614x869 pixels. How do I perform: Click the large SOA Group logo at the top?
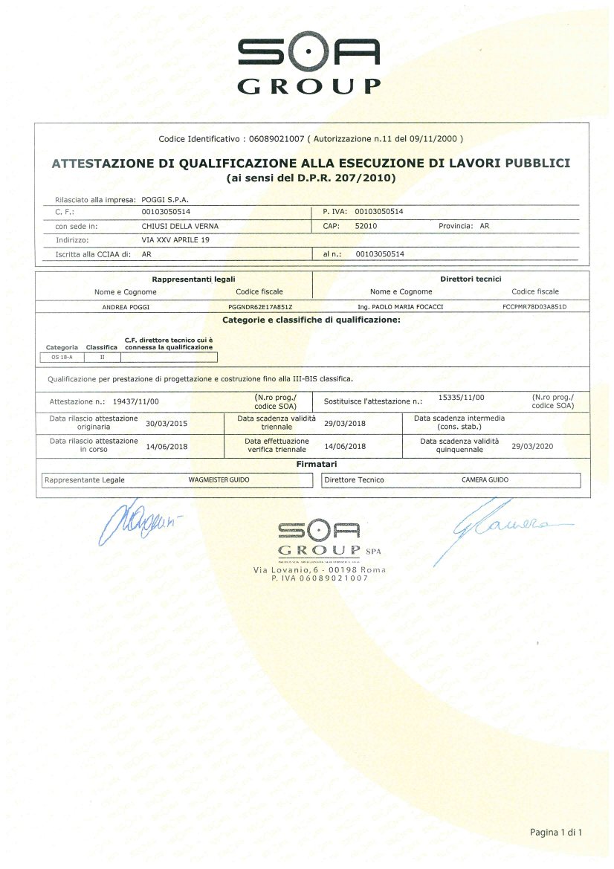308,65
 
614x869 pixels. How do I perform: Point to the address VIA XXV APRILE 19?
175,240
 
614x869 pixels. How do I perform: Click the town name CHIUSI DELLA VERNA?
179,225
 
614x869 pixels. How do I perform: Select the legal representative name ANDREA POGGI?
125,306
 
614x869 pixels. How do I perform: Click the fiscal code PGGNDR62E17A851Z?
259,306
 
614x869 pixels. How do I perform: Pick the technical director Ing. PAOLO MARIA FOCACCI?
395,306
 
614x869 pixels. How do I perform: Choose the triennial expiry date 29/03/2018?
346,423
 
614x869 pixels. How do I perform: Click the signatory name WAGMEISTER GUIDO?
219,480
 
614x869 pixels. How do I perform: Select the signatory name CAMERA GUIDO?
485,480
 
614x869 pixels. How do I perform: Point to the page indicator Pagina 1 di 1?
555,832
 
